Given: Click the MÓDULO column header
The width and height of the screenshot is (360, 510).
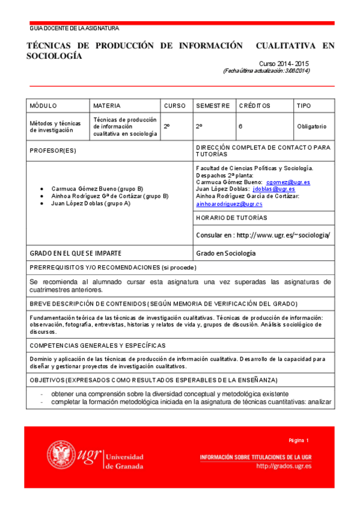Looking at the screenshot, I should pos(43,106).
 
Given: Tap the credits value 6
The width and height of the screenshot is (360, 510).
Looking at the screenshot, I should pos(240,126).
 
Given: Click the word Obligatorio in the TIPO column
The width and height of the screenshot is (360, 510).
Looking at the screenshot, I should pos(311,126).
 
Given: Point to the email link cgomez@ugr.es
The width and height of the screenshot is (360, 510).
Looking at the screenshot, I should pos(288,182).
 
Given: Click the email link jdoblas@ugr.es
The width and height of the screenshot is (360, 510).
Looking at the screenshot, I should pos(274,189).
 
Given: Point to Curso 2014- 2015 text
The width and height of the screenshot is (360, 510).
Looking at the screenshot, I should pos(284,63).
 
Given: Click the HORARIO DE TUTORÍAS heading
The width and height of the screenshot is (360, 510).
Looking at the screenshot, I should pos(231,218).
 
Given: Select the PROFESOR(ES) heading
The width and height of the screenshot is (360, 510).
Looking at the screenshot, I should pos(53,150).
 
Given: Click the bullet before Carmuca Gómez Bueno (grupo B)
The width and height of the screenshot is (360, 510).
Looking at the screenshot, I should pos(40,188).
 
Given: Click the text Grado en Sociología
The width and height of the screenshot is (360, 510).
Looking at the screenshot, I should pos(226,253).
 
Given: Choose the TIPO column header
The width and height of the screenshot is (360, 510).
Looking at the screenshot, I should pos(304,106).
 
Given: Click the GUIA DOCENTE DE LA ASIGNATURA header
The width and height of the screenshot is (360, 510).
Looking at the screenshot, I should pos(75,28).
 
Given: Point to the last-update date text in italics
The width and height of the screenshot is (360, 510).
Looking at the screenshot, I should pos(266,70).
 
